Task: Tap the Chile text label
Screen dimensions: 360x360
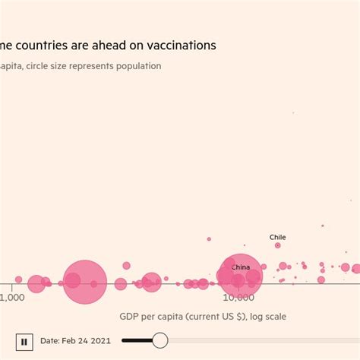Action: [278, 237]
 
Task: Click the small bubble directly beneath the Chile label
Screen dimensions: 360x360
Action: [278, 245]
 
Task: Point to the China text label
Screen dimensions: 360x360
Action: [240, 267]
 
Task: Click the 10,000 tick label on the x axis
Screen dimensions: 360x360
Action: [238, 298]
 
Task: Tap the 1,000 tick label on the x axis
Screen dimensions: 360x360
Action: [12, 298]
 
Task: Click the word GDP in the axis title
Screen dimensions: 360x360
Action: [130, 316]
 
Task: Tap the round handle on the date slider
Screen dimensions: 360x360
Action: [160, 340]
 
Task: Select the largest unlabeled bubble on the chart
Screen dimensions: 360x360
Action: [84, 282]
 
